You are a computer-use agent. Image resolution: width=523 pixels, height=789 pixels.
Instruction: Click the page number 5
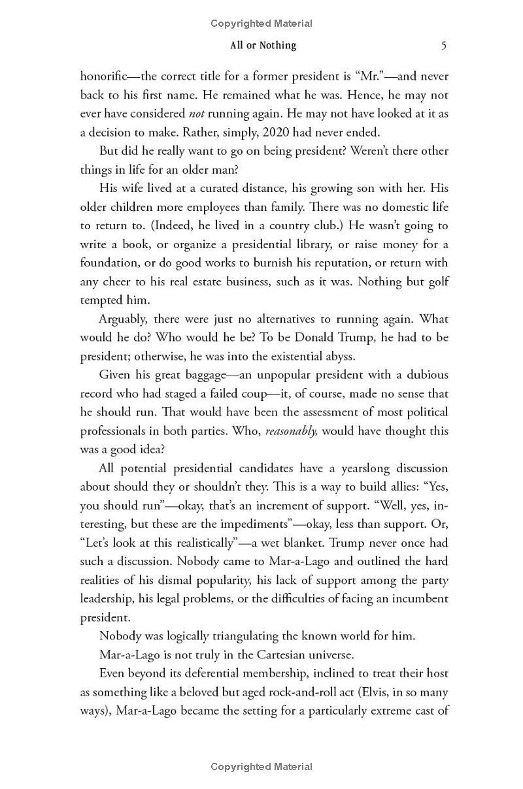(444, 45)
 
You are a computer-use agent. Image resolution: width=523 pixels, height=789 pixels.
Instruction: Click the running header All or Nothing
(263, 45)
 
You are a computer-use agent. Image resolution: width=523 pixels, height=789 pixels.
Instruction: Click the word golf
(435, 282)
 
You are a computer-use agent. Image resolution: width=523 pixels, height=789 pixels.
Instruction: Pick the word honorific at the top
(105, 76)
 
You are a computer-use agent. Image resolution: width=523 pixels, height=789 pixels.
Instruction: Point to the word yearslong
(350, 468)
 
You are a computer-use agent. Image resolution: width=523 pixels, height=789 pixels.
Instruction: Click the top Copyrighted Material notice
(261, 24)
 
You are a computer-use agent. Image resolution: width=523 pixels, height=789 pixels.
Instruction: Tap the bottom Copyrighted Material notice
(261, 767)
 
